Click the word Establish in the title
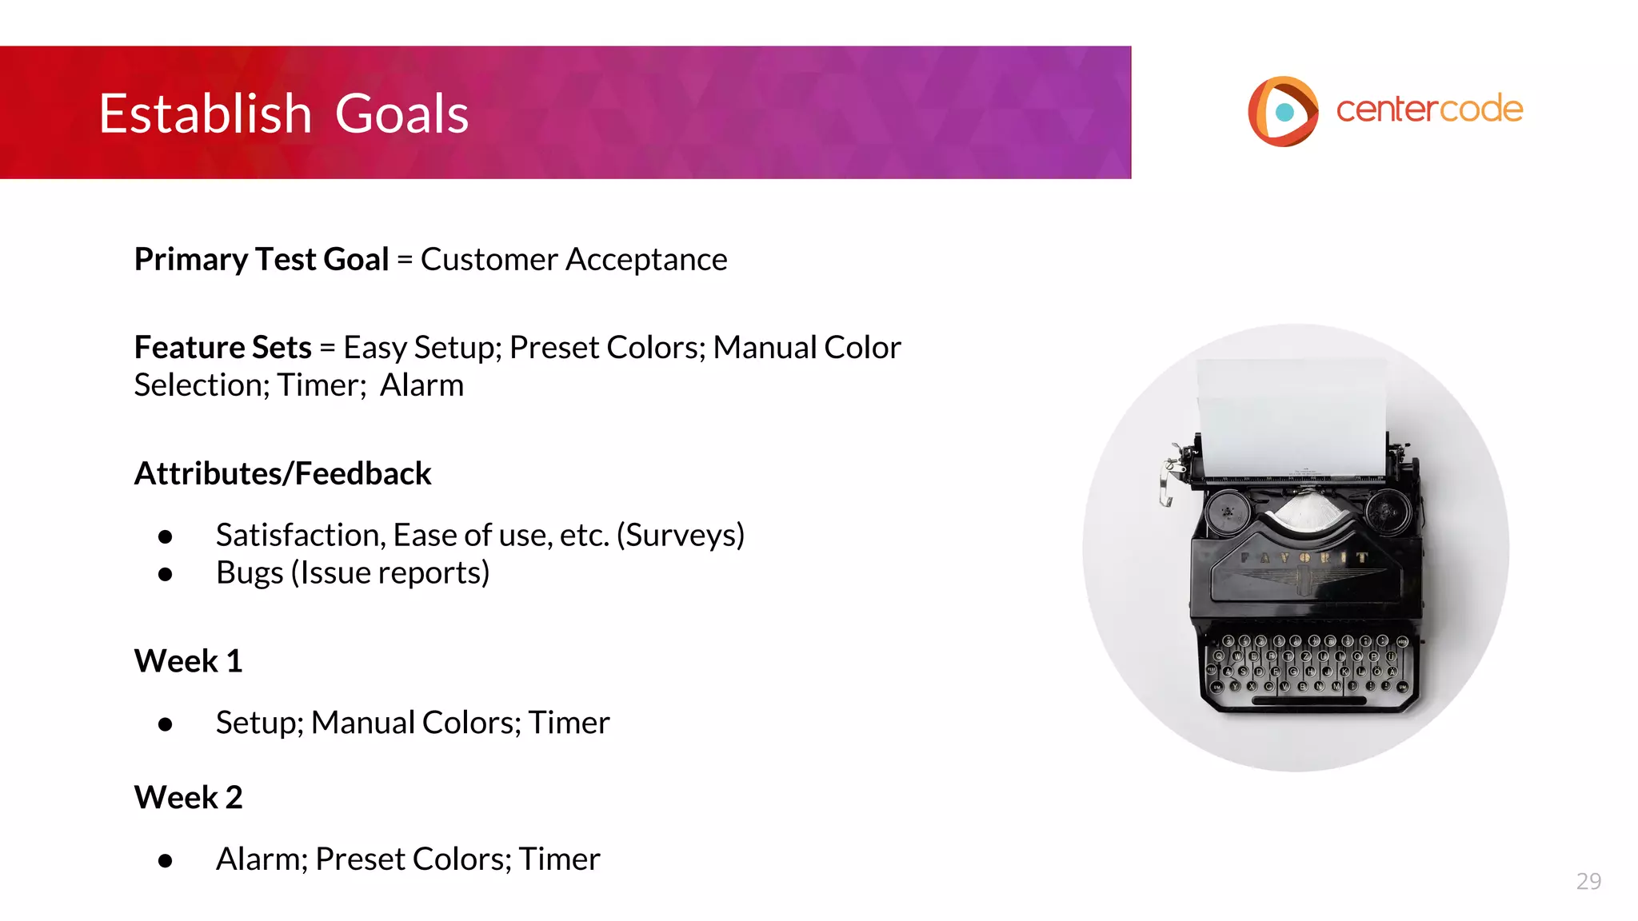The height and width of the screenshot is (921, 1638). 205,114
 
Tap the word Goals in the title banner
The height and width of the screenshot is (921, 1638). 402,114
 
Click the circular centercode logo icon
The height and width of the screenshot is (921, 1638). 1283,111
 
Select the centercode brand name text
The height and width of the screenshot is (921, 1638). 1429,110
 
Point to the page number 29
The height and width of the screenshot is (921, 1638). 1588,881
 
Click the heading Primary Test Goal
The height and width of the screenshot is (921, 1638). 262,260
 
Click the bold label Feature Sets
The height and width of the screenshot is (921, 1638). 222,348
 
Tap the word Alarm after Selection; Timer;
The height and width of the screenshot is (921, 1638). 421,385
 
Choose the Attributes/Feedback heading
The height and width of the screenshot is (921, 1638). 282,473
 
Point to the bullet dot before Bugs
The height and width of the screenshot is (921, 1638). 166,574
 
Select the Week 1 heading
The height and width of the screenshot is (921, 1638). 188,661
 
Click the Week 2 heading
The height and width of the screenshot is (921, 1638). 188,797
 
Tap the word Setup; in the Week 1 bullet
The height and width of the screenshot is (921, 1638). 260,723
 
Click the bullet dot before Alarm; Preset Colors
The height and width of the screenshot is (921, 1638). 166,860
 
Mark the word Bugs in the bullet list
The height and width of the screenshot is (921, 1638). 250,573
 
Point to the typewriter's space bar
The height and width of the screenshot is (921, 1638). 1308,701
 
